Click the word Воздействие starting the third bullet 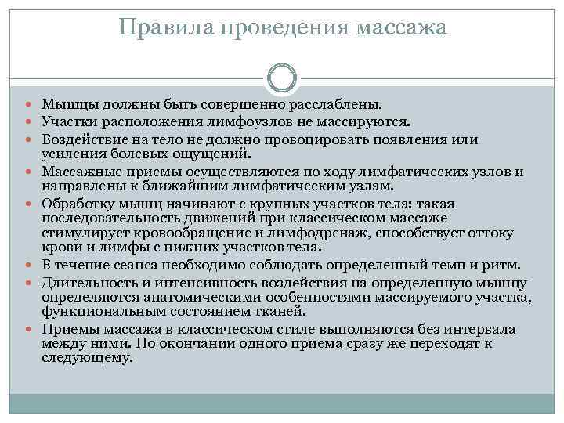point(81,139)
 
